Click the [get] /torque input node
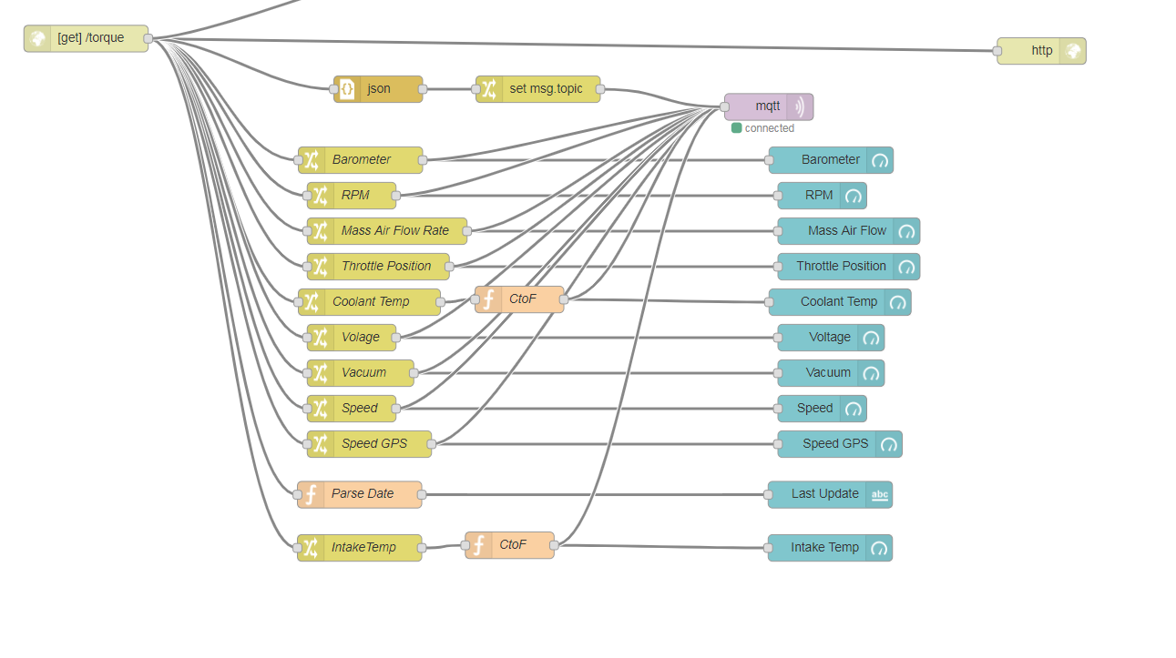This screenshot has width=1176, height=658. pyautogui.click(x=87, y=38)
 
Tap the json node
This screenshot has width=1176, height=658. pyautogui.click(x=379, y=89)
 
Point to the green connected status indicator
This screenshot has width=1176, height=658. pyautogui.click(x=736, y=128)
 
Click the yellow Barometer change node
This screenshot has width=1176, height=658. pyautogui.click(x=361, y=160)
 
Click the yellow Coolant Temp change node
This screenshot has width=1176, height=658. pyautogui.click(x=370, y=302)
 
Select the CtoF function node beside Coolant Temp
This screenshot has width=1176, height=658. pyautogui.click(x=519, y=299)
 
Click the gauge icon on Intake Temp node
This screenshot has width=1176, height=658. pyautogui.click(x=879, y=548)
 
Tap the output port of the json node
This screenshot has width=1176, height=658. pyautogui.click(x=423, y=89)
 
